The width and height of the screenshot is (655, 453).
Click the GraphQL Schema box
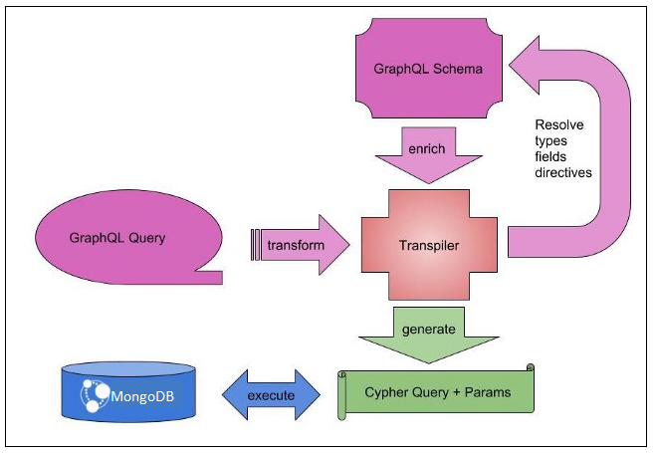pyautogui.click(x=428, y=69)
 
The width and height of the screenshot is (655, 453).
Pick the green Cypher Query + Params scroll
pyautogui.click(x=438, y=391)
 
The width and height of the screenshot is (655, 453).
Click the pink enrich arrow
pyautogui.click(x=428, y=160)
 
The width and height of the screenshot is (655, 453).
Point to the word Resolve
pyautogui.click(x=559, y=124)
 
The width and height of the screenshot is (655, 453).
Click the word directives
pyautogui.click(x=563, y=172)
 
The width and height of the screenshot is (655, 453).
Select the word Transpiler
pyautogui.click(x=428, y=245)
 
